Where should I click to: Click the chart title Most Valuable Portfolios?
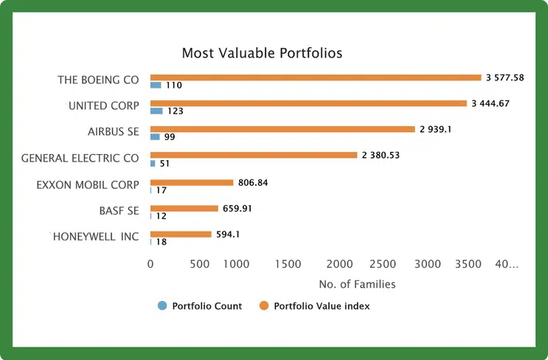coord(262,53)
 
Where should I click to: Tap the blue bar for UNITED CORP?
coord(156,111)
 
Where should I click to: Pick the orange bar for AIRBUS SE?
coord(282,129)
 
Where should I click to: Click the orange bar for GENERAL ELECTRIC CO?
coord(253,155)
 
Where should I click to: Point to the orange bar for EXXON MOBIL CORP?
coord(192,182)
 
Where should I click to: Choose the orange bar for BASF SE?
coord(184,208)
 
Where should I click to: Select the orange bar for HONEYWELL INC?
coord(181,234)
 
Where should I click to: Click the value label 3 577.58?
coord(504,77)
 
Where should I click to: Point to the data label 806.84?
coord(253,182)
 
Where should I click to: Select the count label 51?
coord(164,164)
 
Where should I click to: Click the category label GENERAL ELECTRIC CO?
coord(80,158)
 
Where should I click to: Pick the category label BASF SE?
coord(119,210)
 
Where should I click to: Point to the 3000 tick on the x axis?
coord(428,264)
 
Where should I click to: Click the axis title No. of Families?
coord(357,284)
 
